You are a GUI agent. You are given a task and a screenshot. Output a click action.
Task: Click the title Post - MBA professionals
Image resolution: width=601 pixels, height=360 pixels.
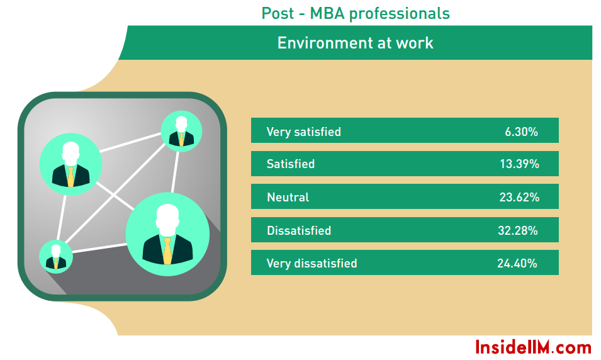[356, 14]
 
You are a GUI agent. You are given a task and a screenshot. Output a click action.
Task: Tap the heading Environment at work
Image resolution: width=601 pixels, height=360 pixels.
[356, 43]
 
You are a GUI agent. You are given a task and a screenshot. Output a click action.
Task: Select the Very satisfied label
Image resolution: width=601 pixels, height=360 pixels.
[303, 132]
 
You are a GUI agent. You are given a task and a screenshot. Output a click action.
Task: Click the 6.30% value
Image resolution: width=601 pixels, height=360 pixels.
[521, 132]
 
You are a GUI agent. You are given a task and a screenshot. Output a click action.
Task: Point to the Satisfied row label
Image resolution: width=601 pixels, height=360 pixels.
[291, 164]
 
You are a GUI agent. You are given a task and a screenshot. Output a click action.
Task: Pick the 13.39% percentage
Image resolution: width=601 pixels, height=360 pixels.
[519, 164]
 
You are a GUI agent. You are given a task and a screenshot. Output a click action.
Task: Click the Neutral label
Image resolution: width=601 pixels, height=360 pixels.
[288, 198]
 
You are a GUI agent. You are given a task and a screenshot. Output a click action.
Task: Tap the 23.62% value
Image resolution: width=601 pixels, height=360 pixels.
[519, 198]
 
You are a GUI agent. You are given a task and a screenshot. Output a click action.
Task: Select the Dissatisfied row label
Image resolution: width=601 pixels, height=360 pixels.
[299, 231]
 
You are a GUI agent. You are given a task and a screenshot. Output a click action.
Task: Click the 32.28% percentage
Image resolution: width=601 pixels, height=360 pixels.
[518, 231]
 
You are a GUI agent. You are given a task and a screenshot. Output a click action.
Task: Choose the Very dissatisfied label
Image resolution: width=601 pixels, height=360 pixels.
[312, 264]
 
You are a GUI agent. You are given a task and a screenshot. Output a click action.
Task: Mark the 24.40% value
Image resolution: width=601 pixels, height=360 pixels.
[517, 264]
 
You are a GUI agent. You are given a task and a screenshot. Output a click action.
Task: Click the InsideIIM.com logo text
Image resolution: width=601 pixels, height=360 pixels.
[533, 347]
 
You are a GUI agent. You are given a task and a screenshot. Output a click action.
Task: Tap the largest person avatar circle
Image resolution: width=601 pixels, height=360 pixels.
[167, 234]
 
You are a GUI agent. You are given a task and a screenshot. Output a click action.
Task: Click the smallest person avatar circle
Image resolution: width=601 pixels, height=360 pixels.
[56, 257]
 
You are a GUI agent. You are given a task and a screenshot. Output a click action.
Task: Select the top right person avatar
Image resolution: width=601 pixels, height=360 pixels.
[181, 131]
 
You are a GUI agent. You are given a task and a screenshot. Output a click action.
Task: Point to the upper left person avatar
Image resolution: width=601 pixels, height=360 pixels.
[70, 164]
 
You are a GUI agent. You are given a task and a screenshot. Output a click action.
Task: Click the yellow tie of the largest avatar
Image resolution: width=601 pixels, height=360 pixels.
[167, 251]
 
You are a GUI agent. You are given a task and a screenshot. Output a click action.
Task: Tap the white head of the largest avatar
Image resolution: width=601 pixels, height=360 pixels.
[167, 220]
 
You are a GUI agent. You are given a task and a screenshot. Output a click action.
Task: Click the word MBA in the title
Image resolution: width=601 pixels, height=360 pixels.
[327, 14]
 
